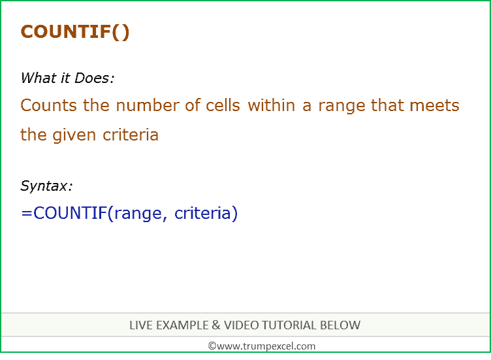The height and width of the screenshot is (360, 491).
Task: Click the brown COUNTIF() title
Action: (75, 32)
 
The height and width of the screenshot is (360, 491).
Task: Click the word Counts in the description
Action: (48, 105)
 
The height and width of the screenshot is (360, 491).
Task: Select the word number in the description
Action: (148, 105)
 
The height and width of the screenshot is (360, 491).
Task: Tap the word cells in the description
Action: (223, 105)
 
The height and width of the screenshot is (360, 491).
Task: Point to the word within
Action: (272, 105)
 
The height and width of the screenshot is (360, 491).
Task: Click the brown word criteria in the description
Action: (131, 135)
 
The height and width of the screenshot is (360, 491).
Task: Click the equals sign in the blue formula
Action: (27, 213)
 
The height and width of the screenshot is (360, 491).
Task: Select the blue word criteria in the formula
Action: (202, 213)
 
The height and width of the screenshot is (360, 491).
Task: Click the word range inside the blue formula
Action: (138, 214)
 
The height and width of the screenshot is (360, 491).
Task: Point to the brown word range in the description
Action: (341, 106)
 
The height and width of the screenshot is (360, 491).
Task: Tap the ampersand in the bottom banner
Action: (216, 325)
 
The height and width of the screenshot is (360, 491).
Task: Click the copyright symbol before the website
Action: (212, 346)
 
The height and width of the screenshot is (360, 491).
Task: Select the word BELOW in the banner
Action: (340, 325)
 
